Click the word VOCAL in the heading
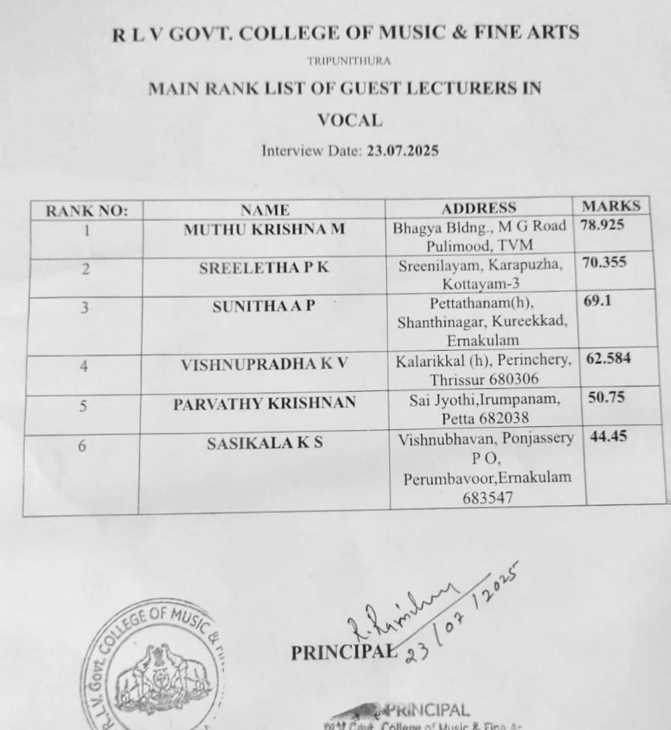tap(349, 119)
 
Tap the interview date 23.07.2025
tap(402, 150)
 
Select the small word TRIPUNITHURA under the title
tap(349, 60)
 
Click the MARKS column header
tap(611, 206)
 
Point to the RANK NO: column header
tap(87, 211)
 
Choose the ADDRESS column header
tap(478, 208)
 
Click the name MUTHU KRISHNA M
tap(264, 229)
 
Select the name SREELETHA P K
tap(263, 269)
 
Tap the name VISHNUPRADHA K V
tap(264, 365)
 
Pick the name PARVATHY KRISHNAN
tap(264, 404)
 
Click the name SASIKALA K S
tap(264, 444)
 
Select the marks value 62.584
tap(608, 358)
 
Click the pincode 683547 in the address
tap(487, 499)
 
